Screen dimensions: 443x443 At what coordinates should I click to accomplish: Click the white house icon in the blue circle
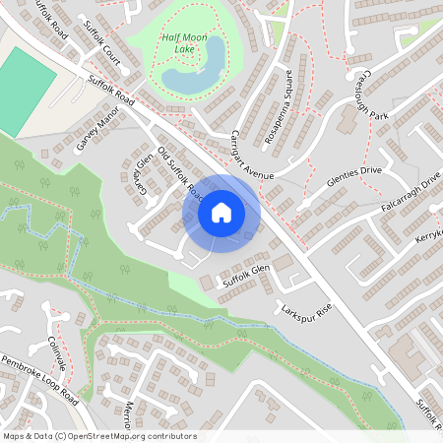point(221,213)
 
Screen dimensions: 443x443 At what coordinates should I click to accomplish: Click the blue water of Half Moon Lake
point(187,78)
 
